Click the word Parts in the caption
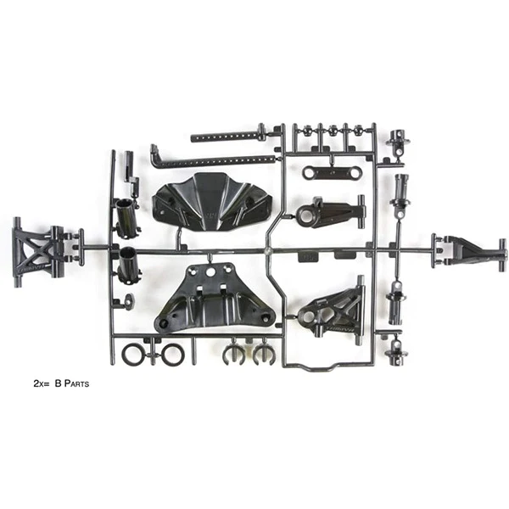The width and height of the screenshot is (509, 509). (76, 383)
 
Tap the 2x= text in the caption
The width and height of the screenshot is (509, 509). (42, 383)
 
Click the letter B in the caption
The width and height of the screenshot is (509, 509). (58, 383)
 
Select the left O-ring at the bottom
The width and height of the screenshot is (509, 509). (132, 354)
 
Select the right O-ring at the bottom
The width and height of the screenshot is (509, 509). (173, 354)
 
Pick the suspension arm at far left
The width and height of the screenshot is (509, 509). (39, 252)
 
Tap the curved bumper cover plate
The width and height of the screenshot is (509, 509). (211, 202)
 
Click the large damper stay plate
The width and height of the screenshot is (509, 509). (215, 297)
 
